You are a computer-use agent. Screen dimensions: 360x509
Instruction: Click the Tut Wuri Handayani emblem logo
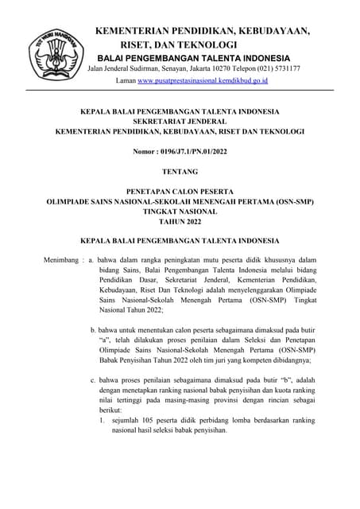[57, 49]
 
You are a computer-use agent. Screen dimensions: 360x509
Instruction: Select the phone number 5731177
[283, 69]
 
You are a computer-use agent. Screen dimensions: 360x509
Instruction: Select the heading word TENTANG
[180, 171]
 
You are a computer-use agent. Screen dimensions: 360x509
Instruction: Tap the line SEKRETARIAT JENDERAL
[180, 120]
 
